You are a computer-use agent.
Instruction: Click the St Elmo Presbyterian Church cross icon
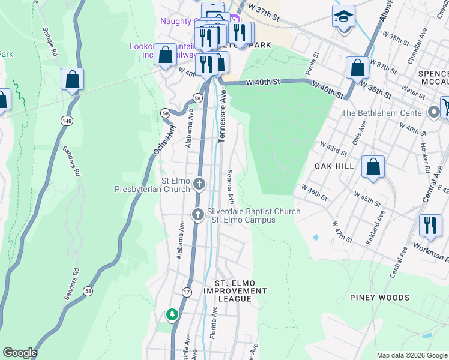199,183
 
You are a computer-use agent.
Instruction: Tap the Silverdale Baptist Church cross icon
198,214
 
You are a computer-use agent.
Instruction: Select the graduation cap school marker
344,17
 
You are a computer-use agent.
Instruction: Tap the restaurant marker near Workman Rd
430,226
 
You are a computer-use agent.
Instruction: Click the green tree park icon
172,314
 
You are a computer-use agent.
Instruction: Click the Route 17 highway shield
187,292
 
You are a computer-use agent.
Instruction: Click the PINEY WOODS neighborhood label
379,298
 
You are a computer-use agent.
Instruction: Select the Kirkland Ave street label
375,230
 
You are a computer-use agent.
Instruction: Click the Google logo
20,353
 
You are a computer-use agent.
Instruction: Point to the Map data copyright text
411,355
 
